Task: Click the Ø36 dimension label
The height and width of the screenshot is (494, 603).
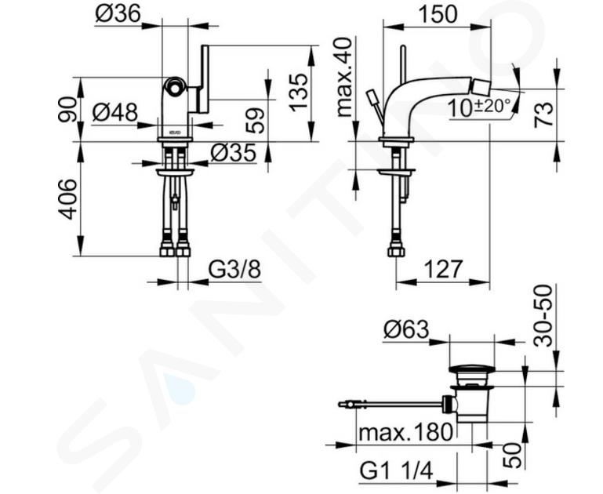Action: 118,13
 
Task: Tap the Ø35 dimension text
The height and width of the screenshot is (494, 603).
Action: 233,154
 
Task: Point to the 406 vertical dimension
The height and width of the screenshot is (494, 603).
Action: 69,199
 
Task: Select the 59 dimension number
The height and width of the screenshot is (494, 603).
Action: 256,119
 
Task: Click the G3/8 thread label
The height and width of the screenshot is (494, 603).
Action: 234,270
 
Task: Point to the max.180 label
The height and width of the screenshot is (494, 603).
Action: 405,432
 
